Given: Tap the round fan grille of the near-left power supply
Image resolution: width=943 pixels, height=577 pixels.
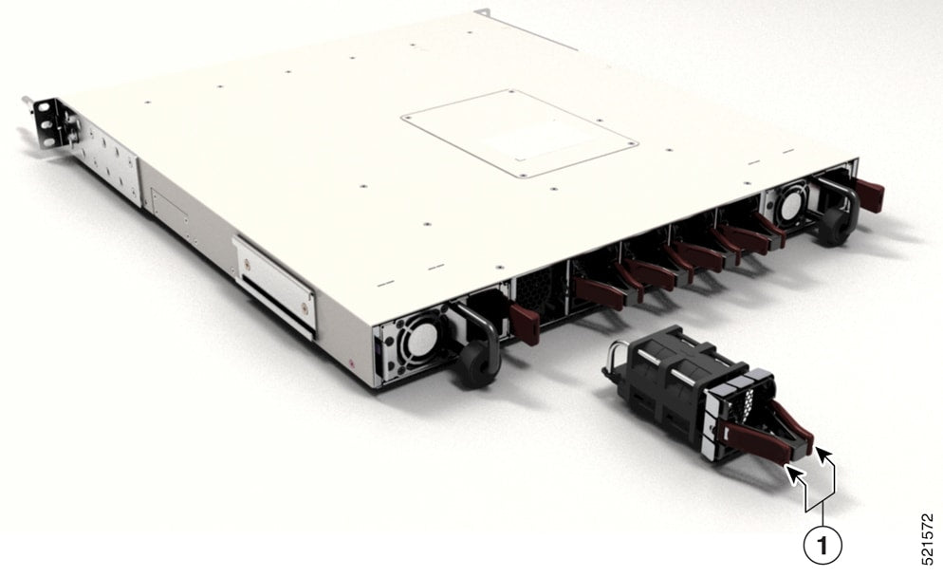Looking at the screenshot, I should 415,338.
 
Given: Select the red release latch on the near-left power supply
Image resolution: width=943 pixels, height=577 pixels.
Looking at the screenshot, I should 524,324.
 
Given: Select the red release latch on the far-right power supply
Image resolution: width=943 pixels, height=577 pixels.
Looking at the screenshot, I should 868,195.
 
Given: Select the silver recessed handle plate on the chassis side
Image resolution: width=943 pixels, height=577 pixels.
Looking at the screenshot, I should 274,283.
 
